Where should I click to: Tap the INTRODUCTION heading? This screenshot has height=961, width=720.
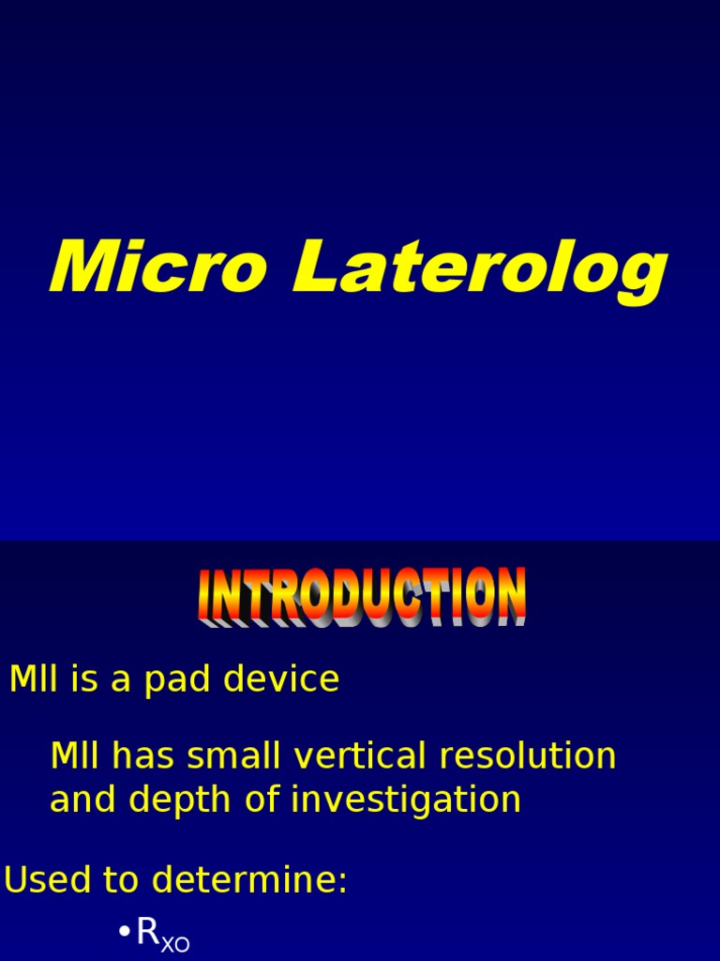click(x=362, y=596)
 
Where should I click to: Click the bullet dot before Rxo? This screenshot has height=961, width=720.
click(x=124, y=932)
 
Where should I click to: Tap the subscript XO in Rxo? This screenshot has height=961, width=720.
click(x=175, y=943)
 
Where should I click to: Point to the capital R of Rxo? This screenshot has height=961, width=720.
click(x=148, y=932)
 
